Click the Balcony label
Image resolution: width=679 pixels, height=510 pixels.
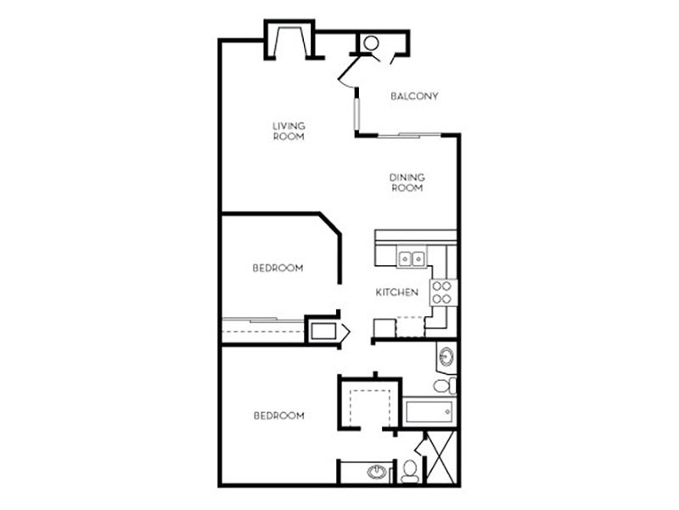coord(414,96)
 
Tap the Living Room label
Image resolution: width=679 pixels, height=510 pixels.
coord(289,131)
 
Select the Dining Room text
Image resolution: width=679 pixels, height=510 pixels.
coord(407,183)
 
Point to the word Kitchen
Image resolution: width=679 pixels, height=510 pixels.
coord(396,292)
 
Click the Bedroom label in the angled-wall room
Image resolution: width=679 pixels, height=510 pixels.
coord(278,268)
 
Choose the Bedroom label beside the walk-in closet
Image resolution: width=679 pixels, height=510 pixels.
coord(279,416)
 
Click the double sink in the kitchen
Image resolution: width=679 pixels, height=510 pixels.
coord(412,259)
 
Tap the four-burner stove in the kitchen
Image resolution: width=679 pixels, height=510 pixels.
coord(443,292)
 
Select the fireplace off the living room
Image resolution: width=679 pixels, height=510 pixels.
coord(289,40)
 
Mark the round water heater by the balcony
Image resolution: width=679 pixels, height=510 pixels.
coord(371,43)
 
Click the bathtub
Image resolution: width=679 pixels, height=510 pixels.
coord(429,411)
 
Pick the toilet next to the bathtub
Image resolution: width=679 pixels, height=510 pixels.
coord(445,386)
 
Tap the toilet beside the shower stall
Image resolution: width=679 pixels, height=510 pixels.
coord(410,472)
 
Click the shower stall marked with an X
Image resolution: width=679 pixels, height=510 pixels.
coord(441,456)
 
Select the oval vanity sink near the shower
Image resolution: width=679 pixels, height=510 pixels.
coord(377,472)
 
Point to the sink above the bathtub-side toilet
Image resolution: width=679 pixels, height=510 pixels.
coord(446,357)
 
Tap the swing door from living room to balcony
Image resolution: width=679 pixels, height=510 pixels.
coord(349,71)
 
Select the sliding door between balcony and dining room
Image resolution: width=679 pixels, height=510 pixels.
coord(409,136)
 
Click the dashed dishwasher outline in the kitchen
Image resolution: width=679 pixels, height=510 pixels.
coord(410,327)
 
